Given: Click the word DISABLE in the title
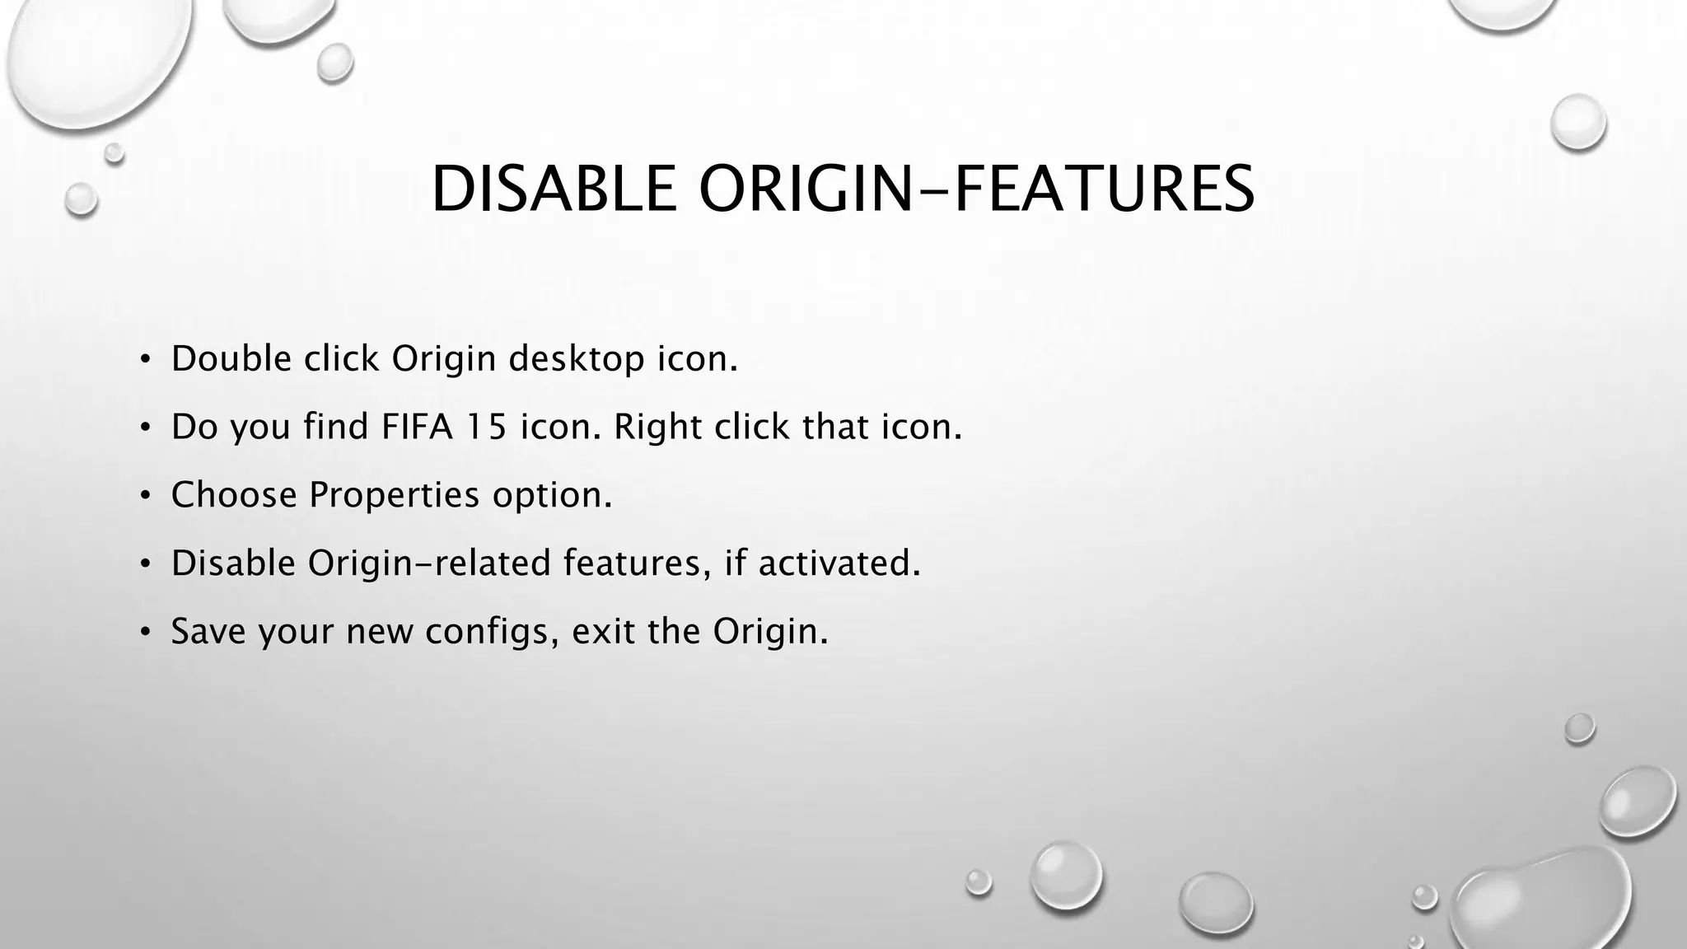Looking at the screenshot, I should [x=553, y=189].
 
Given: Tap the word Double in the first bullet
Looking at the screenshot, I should [x=231, y=358].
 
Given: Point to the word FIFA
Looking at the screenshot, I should [x=417, y=427].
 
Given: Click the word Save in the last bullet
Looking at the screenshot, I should [x=208, y=631].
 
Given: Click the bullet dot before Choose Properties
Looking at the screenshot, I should [x=145, y=496].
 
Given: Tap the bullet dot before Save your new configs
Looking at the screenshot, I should [x=145, y=632].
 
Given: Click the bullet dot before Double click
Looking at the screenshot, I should [x=145, y=360].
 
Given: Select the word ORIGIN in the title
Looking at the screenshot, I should [x=805, y=189].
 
